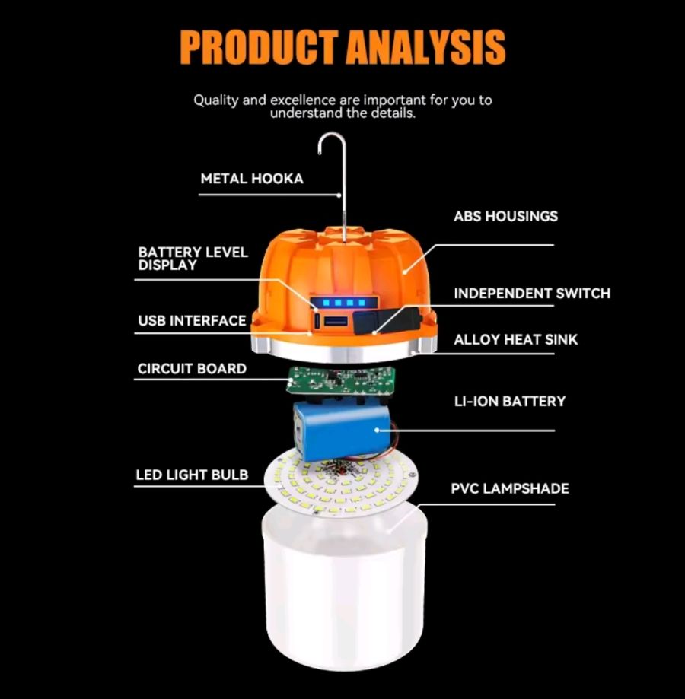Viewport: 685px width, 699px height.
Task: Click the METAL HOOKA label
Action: [x=252, y=179]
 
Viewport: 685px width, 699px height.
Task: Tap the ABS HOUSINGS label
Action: [x=505, y=216]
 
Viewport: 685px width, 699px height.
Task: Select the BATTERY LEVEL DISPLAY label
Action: [x=193, y=259]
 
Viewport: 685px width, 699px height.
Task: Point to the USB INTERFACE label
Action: [x=192, y=320]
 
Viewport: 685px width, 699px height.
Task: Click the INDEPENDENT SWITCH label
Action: [x=532, y=294]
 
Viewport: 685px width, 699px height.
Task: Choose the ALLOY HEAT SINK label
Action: [x=515, y=340]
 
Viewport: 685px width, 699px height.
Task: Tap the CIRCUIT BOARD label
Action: [x=192, y=369]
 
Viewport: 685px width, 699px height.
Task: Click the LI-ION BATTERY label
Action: [x=510, y=401]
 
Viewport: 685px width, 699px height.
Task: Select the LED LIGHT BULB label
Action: [x=192, y=475]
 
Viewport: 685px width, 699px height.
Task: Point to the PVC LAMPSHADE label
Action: [x=510, y=488]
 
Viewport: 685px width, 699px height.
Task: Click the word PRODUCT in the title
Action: [x=258, y=47]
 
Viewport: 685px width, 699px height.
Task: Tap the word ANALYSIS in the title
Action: [x=425, y=47]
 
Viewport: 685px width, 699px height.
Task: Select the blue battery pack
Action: [x=342, y=428]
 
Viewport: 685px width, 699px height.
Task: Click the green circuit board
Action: [x=341, y=381]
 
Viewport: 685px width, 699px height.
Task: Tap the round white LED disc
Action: [x=341, y=484]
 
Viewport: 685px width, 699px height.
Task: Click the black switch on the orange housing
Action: [x=386, y=320]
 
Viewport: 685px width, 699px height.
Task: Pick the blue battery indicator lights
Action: [x=344, y=303]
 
